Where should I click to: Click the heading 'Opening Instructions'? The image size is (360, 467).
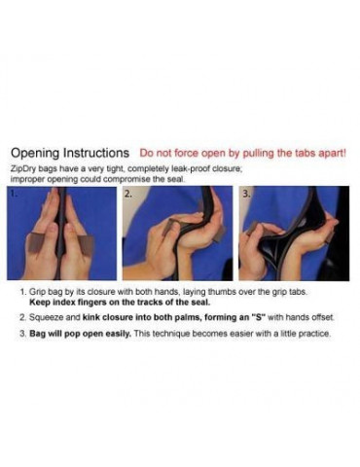pos(70,153)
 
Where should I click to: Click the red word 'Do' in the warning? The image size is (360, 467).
pos(146,153)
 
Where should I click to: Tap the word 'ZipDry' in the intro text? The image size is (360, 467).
pos(20,169)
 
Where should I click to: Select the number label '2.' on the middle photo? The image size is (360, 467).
pos(128,194)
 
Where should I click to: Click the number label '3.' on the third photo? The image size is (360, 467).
pos(246,194)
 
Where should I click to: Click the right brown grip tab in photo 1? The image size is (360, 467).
pos(86,245)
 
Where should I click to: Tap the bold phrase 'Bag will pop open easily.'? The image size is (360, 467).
pos(80,334)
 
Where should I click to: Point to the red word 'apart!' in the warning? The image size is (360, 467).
pos(332,153)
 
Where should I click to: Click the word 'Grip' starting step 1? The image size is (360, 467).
pos(35,292)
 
